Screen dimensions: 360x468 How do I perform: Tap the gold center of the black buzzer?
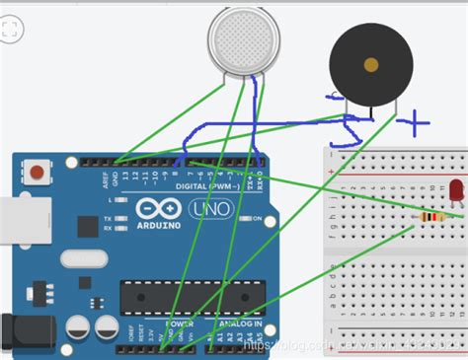[371, 65]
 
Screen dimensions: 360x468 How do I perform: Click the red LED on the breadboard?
[457, 189]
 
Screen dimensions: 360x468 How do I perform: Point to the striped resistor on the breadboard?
[428, 218]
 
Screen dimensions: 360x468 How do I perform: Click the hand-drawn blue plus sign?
[415, 124]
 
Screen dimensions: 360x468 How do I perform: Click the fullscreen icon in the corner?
[11, 31]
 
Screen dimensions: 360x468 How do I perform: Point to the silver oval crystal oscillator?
[81, 258]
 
